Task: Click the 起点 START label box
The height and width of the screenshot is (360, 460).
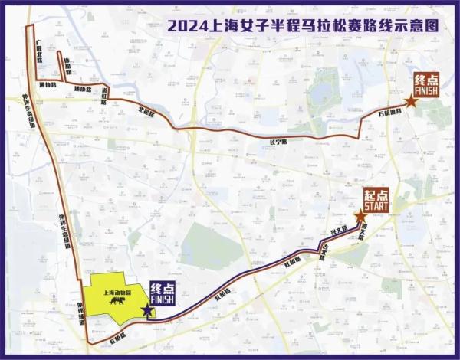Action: (376, 200)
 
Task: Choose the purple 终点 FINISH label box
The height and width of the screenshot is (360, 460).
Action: (162, 294)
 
